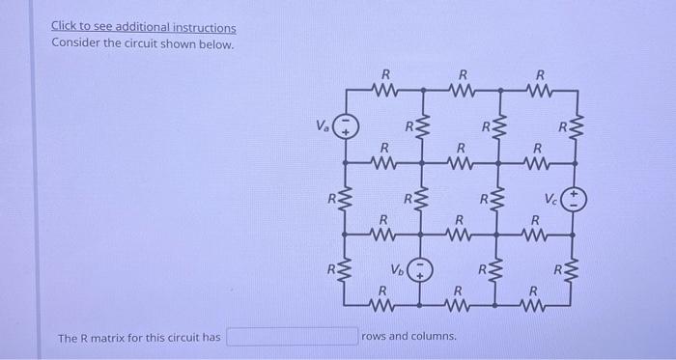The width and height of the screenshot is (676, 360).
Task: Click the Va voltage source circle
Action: pos(348,125)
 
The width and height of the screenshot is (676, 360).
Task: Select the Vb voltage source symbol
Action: pos(420,268)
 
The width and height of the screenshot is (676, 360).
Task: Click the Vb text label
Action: pos(396,267)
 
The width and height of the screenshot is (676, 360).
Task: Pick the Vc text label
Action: pos(549,202)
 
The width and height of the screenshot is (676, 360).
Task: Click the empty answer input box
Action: pos(293,337)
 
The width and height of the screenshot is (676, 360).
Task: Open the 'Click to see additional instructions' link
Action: pos(143,28)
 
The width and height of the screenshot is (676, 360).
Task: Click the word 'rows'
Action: pos(375,337)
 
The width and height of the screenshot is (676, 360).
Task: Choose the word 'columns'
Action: pos(436,337)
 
